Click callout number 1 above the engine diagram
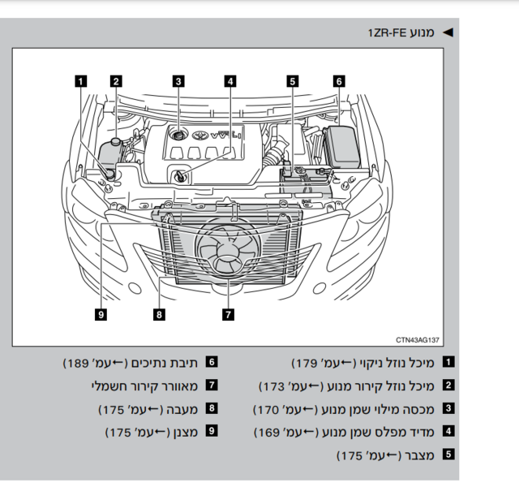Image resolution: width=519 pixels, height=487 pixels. [81, 81]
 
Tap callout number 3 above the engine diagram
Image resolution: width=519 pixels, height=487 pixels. [178, 81]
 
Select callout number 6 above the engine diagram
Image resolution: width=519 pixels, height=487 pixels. [339, 81]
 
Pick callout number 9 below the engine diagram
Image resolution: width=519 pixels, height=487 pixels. [101, 314]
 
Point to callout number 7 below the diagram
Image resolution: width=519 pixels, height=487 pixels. [229, 314]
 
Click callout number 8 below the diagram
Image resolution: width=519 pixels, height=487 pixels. [159, 314]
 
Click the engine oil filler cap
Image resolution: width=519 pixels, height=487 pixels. [178, 136]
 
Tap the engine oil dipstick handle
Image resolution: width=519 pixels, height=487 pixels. [180, 176]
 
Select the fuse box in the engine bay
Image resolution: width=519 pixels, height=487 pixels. [342, 146]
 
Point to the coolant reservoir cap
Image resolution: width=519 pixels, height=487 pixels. [116, 141]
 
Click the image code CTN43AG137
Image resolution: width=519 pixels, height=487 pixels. [418, 340]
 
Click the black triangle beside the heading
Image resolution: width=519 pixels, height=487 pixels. [448, 32]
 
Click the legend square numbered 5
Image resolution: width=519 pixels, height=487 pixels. [448, 455]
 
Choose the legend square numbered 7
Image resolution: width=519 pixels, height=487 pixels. [212, 385]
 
